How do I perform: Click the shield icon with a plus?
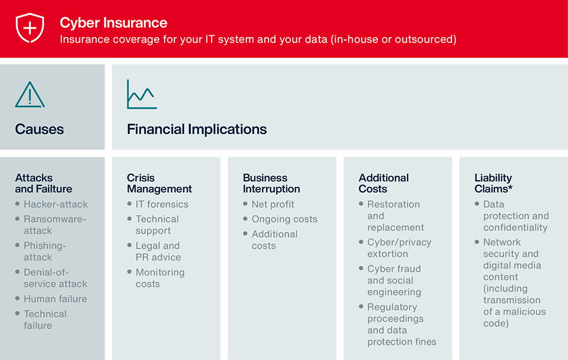coord(30,28)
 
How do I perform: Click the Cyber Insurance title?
coord(114,23)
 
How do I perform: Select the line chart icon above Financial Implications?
coord(141,94)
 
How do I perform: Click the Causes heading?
coord(39,129)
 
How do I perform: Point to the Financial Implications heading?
coord(196,129)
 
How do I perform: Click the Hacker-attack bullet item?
coord(56,204)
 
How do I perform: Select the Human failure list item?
coord(56,299)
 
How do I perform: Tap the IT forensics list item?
coord(162,204)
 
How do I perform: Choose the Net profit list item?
coord(273,204)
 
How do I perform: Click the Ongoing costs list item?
coord(285,219)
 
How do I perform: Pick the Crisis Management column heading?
coord(159,183)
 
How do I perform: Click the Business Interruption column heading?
coord(271,183)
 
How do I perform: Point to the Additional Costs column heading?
coord(384,183)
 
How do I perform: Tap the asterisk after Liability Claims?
coord(511,187)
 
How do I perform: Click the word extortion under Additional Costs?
coord(388,254)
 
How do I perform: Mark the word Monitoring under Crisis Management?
coord(160,272)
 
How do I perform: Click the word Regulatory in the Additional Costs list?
coord(392,307)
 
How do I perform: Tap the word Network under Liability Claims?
coord(502,242)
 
